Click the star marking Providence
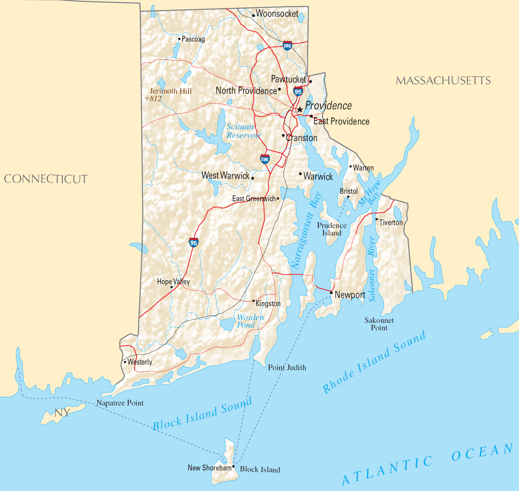coord(300,110)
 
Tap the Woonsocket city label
coord(277,14)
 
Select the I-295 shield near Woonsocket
coord(287,46)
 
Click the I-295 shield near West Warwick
coord(265,159)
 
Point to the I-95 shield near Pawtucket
coord(298,91)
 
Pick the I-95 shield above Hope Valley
coord(194,243)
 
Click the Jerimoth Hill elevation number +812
coord(153,99)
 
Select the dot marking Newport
coord(331,293)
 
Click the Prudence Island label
coord(332,229)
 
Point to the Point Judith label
coord(287,368)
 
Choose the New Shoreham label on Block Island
coord(209,468)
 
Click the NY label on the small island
coord(62,413)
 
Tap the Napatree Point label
coord(120,403)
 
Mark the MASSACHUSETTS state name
coord(443,81)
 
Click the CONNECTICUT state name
coord(46,179)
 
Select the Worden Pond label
coord(250,321)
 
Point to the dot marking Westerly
coord(125,362)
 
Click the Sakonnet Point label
coord(379,324)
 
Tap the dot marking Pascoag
coord(179,39)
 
